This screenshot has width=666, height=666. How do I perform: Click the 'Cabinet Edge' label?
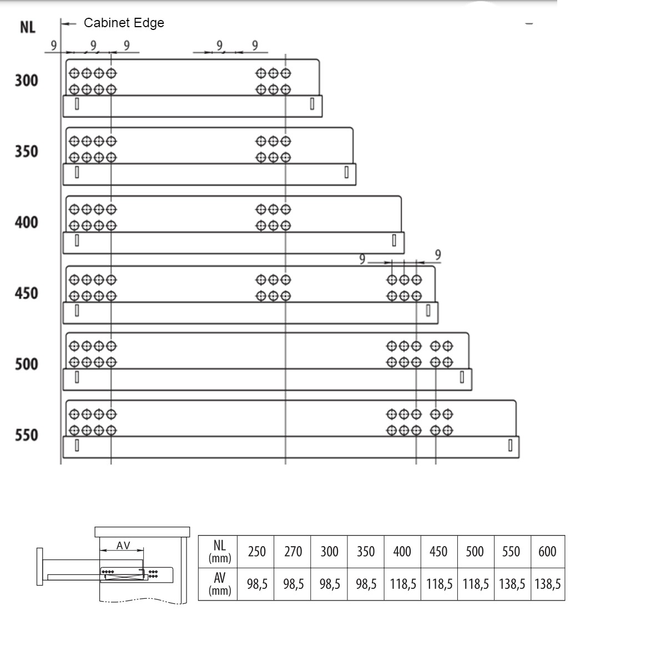(x=124, y=23)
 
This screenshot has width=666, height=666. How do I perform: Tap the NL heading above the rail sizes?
(x=28, y=27)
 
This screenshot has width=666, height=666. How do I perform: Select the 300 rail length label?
(x=26, y=80)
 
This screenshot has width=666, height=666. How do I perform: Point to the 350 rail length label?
(x=26, y=152)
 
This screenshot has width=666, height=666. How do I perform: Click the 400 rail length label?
(x=26, y=222)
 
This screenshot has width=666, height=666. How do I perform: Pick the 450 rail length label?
(x=26, y=293)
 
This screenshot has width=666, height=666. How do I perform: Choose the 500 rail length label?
(x=26, y=364)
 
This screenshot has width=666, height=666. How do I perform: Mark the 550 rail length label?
(x=26, y=435)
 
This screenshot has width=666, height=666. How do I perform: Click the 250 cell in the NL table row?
(x=257, y=552)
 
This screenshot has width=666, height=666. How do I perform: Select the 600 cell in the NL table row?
(x=547, y=552)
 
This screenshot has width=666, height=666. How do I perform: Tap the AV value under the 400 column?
(x=403, y=584)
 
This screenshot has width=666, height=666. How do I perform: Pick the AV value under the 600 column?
(x=548, y=584)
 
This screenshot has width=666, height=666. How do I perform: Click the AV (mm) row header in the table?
(x=220, y=584)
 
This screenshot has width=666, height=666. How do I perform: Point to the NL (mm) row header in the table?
(x=220, y=551)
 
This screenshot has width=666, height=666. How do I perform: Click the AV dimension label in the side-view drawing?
(x=123, y=546)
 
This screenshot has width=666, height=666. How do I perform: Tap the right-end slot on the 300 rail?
(x=312, y=104)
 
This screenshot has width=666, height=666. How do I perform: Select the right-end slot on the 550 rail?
(x=510, y=445)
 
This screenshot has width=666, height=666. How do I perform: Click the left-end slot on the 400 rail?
(x=77, y=240)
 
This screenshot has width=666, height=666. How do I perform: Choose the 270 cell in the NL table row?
(x=293, y=552)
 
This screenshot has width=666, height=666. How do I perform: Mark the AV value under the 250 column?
(x=258, y=584)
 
